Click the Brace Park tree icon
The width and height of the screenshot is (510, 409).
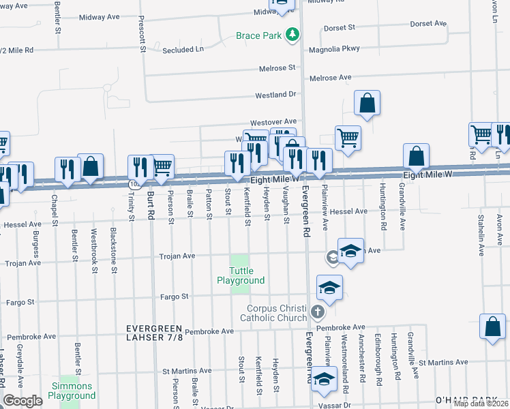(x=292, y=35)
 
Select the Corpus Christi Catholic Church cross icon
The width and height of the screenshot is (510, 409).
(x=316, y=312)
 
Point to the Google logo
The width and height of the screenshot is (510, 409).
(x=22, y=401)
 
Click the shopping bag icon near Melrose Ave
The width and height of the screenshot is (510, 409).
(x=367, y=104)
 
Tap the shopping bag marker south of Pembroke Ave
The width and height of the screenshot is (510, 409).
(x=492, y=327)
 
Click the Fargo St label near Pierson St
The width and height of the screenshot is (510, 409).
(x=174, y=297)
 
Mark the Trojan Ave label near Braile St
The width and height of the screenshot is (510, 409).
(x=177, y=256)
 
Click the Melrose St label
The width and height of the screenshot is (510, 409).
(x=277, y=68)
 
